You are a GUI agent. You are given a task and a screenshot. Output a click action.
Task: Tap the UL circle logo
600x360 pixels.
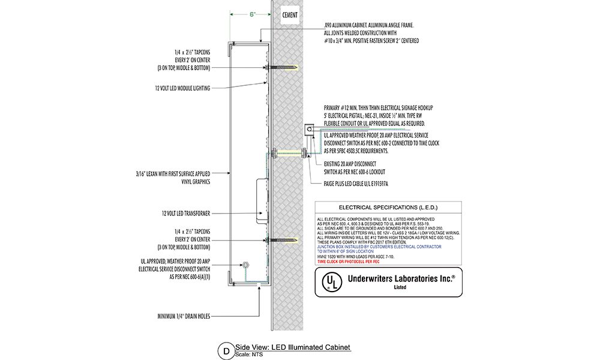click(x=329, y=281)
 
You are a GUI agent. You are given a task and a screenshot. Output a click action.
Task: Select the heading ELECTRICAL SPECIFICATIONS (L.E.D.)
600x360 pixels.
click(x=388, y=206)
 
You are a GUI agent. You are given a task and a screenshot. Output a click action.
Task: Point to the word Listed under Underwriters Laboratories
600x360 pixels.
click(x=400, y=287)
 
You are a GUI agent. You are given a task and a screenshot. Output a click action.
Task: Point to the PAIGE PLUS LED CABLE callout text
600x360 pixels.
click(x=356, y=183)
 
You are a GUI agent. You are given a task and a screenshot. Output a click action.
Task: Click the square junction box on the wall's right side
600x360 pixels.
click(x=308, y=128)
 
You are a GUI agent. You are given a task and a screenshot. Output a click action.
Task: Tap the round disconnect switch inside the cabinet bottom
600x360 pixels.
click(x=245, y=265)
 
